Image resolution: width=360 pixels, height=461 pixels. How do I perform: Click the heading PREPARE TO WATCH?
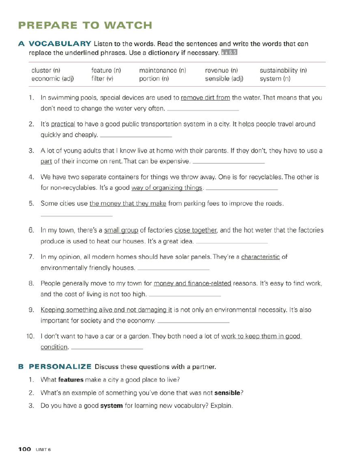click(85, 25)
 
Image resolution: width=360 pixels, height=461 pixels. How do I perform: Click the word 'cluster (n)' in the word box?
click(46, 71)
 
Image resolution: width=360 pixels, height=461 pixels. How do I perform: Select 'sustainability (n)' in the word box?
click(283, 71)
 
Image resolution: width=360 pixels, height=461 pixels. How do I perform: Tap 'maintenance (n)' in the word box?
click(162, 71)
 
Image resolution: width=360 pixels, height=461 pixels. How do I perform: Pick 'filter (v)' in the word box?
click(104, 79)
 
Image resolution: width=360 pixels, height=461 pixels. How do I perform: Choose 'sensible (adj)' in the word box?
click(224, 79)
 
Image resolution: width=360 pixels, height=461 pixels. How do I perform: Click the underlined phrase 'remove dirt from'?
click(205, 98)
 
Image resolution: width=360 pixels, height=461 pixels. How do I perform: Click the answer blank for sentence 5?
click(76, 215)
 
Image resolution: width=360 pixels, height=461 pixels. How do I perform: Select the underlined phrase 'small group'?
click(121, 230)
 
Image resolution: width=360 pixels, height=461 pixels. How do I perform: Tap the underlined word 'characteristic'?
click(260, 257)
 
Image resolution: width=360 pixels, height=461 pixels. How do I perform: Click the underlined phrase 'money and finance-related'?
click(193, 283)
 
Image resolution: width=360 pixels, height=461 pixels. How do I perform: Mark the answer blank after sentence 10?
click(107, 347)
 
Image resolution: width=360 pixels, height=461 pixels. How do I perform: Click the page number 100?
click(25, 449)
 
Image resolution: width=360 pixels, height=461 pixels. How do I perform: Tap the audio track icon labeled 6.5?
click(229, 52)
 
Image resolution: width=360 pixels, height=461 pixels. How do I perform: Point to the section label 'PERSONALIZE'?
click(60, 367)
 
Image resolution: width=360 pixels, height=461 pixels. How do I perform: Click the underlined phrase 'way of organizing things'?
click(167, 188)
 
